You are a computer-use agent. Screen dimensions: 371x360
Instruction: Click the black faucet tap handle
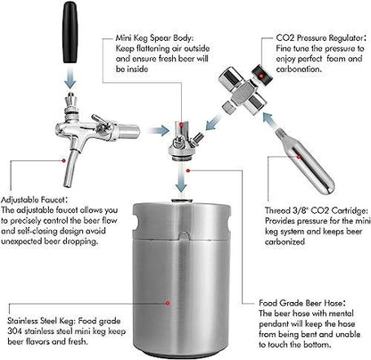70,32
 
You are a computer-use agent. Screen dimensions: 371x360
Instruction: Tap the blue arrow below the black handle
70,77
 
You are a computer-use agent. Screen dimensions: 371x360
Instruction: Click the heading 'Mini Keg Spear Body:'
154,38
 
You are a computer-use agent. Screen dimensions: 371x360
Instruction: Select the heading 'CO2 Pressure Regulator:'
319,38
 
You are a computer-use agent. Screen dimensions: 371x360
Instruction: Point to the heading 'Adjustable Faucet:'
34,200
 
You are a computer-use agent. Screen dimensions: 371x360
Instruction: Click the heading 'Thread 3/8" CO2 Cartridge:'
317,210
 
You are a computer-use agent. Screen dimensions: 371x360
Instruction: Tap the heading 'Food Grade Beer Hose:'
302,303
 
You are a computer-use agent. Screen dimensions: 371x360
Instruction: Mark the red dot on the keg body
168,303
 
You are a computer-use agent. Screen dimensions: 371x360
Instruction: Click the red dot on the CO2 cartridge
299,156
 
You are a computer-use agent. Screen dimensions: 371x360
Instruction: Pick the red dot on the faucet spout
63,160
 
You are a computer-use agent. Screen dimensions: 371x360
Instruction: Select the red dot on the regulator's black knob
260,76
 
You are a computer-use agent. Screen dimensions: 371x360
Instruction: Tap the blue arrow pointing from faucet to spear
159,130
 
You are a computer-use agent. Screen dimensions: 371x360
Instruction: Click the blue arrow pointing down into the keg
181,177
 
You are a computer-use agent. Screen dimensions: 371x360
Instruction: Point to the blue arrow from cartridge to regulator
270,120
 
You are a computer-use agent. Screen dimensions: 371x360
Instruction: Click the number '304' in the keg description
14,331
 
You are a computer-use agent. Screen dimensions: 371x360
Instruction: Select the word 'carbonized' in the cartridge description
284,241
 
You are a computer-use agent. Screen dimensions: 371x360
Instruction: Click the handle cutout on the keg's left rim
137,225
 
